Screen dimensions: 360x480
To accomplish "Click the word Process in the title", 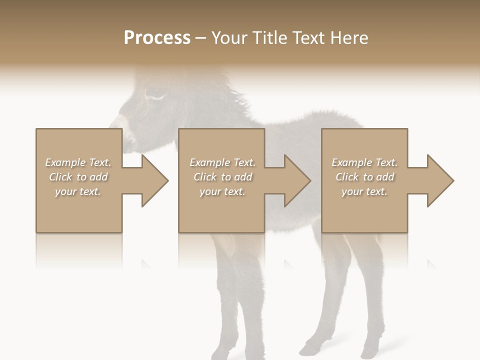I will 157,38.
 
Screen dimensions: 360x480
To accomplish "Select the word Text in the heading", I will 308,38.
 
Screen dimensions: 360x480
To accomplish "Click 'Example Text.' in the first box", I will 78,162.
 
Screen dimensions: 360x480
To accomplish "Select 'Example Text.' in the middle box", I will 222,162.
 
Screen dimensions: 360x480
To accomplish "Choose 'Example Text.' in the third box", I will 364,162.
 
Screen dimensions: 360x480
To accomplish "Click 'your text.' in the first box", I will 78,191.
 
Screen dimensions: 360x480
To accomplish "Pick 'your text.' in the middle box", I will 222,191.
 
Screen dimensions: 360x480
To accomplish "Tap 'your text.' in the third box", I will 364,191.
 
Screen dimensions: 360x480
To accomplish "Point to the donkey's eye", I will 154,93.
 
